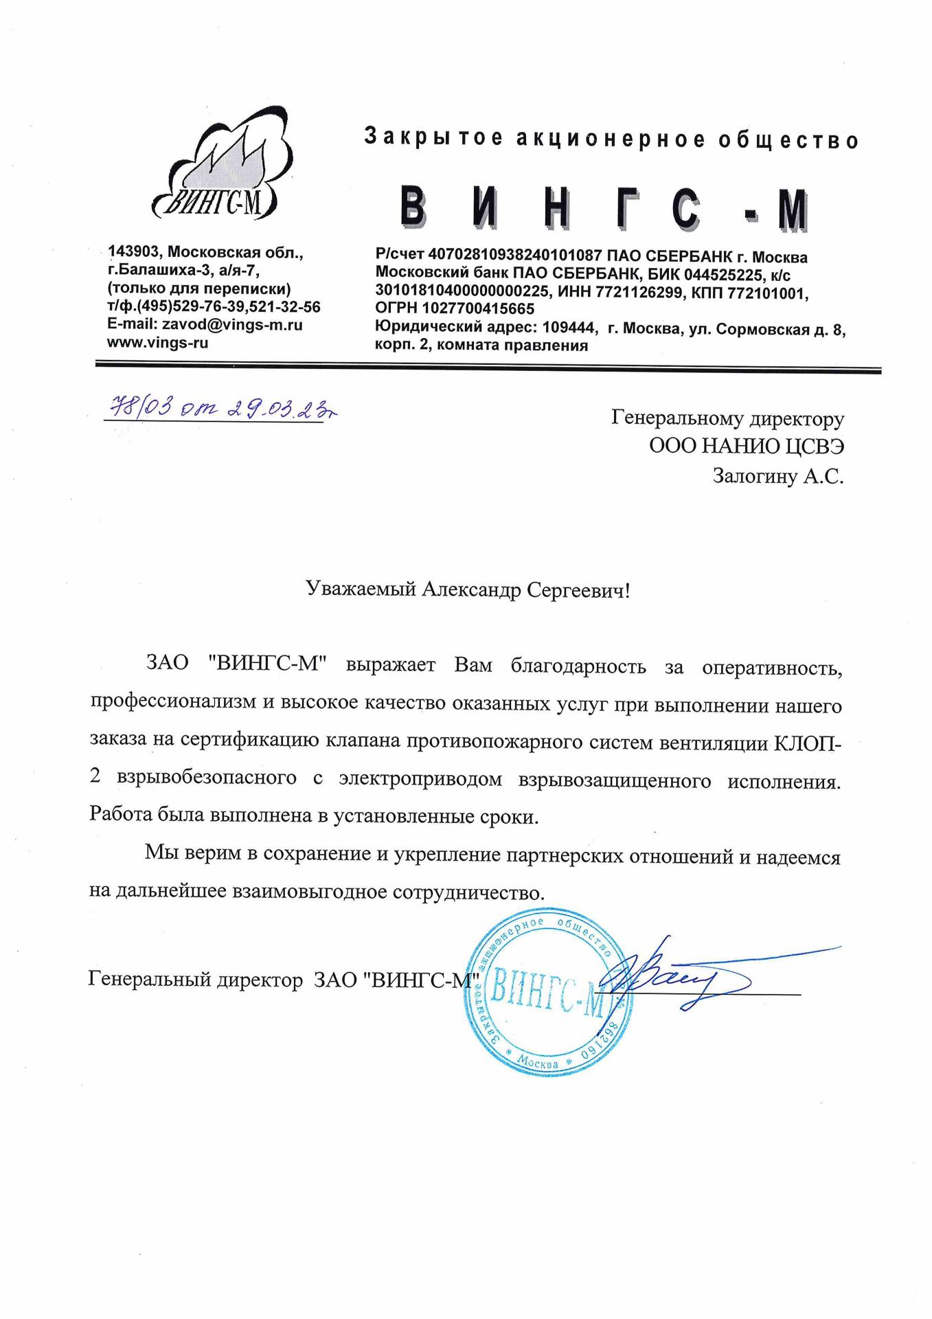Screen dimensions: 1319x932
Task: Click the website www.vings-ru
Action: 158,343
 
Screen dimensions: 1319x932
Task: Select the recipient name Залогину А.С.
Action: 777,476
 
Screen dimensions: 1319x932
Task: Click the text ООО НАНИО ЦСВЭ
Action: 747,447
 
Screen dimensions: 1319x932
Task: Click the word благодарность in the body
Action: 578,667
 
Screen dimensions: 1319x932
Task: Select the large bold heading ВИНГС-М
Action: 604,207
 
